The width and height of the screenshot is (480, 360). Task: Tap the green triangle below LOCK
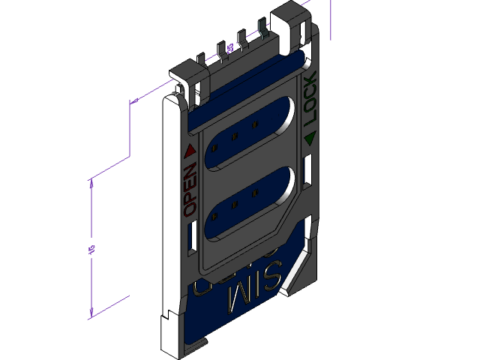[310, 137]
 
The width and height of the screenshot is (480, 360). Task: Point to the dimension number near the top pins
[230, 48]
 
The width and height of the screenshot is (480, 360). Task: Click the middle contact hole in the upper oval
[235, 136]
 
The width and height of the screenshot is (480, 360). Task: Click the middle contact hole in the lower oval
[235, 204]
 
